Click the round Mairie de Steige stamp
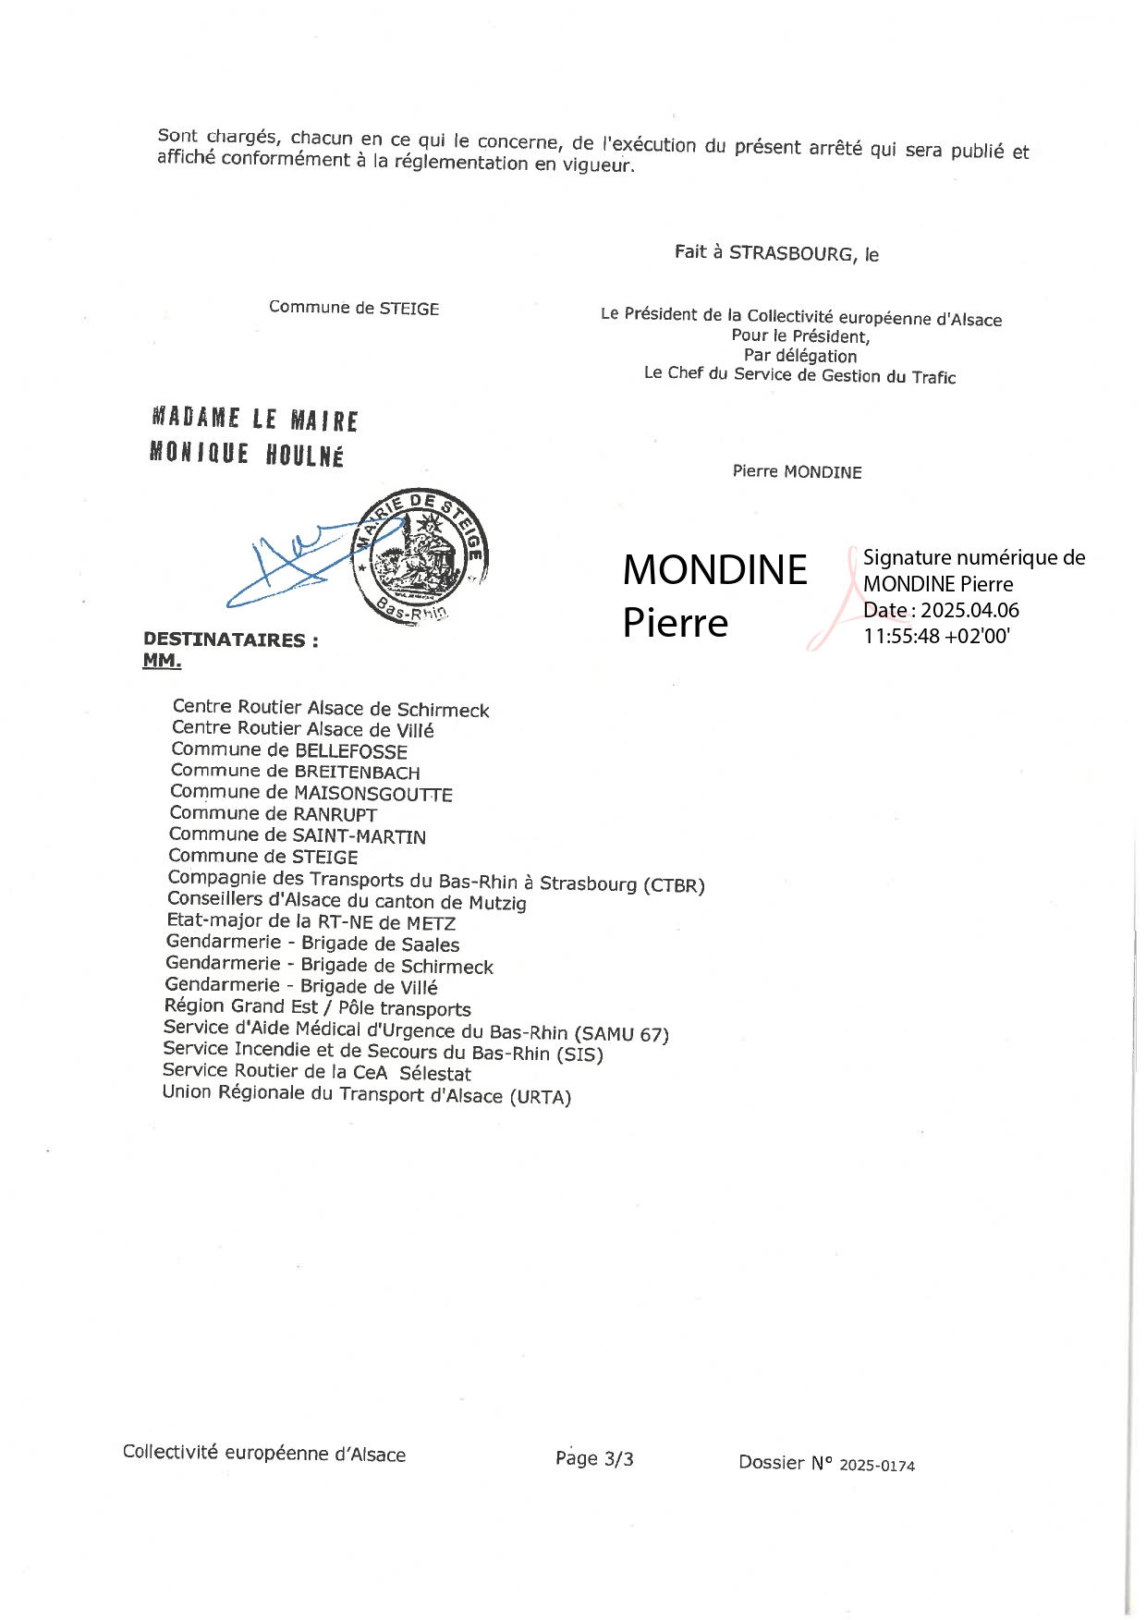421,555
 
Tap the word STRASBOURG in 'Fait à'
791,253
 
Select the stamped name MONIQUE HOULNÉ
247,454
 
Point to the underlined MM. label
162,661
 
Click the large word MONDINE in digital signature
714,569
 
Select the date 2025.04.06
969,610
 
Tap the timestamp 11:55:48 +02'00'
936,636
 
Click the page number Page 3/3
594,1458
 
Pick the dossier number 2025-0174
876,1466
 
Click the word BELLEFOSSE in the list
350,751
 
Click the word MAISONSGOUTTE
372,794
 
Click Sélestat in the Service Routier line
435,1074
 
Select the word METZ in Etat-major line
431,923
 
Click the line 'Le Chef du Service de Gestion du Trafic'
799,375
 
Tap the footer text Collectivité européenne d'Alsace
264,1454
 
